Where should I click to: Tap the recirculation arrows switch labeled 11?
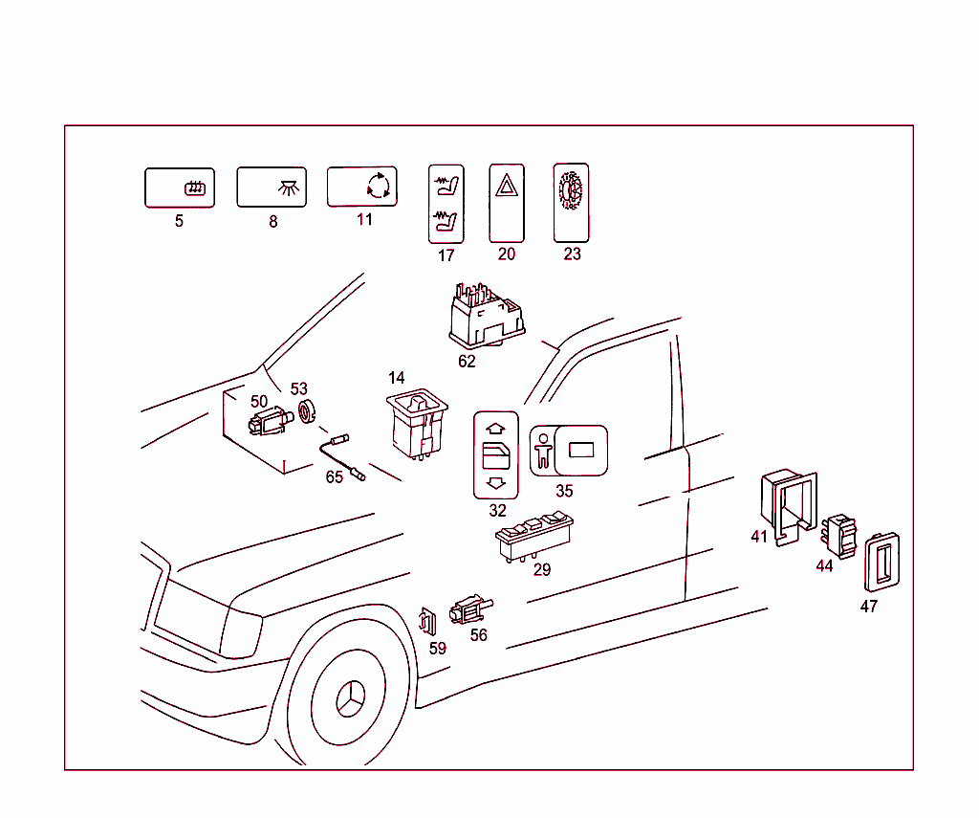(362, 187)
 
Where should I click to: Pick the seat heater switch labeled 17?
(445, 203)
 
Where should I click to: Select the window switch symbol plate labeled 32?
(495, 455)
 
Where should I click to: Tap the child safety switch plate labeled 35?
(568, 451)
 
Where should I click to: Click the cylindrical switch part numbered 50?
(270, 421)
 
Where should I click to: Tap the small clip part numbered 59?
(429, 621)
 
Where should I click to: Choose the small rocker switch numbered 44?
(842, 536)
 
